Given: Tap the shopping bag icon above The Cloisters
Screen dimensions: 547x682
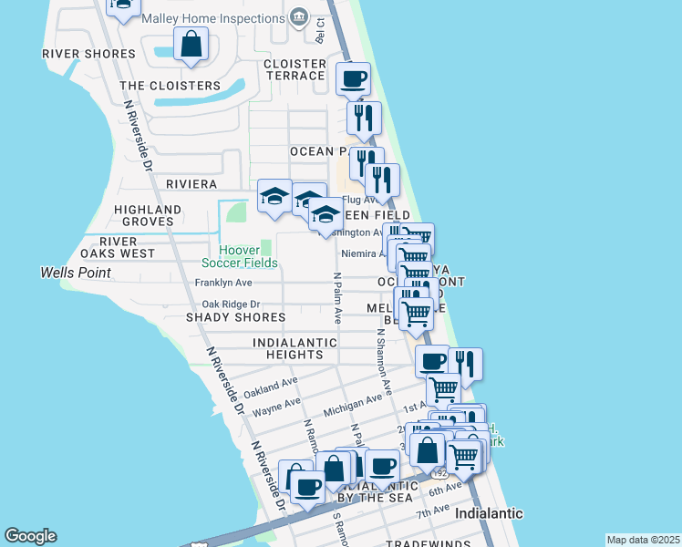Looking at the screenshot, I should [191, 44].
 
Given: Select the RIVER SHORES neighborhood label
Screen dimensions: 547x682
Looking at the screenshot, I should [88, 54].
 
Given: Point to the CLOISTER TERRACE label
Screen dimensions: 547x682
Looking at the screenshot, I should [294, 69].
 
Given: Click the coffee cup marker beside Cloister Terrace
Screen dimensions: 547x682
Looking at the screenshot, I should [353, 78].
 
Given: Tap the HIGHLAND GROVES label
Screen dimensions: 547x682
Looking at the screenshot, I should [144, 215].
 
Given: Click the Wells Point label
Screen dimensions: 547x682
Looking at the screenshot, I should [76, 273].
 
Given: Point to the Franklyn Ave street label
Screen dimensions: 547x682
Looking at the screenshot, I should [223, 284].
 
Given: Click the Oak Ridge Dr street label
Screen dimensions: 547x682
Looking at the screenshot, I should [231, 304].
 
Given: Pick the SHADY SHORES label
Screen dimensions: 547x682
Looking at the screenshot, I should [235, 317].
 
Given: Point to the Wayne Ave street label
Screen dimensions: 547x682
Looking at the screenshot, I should [276, 407].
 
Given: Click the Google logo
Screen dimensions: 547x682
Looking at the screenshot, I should [30, 536].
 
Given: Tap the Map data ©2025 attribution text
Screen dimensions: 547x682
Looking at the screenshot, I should [644, 540].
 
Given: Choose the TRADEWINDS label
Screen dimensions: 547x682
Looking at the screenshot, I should [424, 543].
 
